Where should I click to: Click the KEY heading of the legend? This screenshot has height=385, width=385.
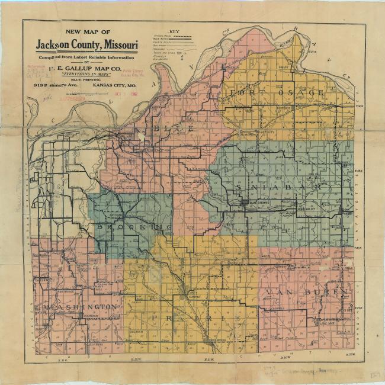(175, 31)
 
